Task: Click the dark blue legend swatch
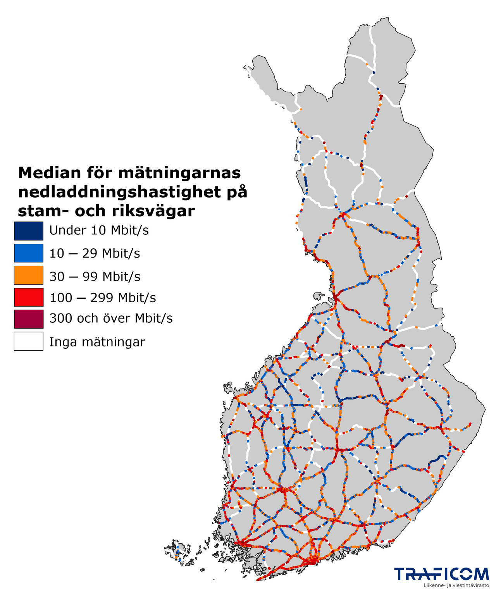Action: [x=28, y=231]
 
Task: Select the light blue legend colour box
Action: [x=28, y=253]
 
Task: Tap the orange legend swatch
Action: [x=28, y=275]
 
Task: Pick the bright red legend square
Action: [x=28, y=297]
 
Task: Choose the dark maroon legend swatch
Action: [x=28, y=319]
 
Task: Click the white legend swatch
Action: [x=28, y=341]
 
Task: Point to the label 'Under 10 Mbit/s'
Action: [x=99, y=231]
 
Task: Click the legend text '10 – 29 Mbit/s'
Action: [x=95, y=253]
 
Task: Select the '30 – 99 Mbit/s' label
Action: [x=95, y=277]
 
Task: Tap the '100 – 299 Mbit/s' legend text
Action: [x=103, y=298]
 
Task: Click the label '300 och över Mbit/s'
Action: [x=111, y=318]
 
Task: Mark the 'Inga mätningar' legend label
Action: [x=97, y=342]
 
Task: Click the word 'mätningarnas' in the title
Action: [x=179, y=173]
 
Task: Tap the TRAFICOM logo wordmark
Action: [x=441, y=574]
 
